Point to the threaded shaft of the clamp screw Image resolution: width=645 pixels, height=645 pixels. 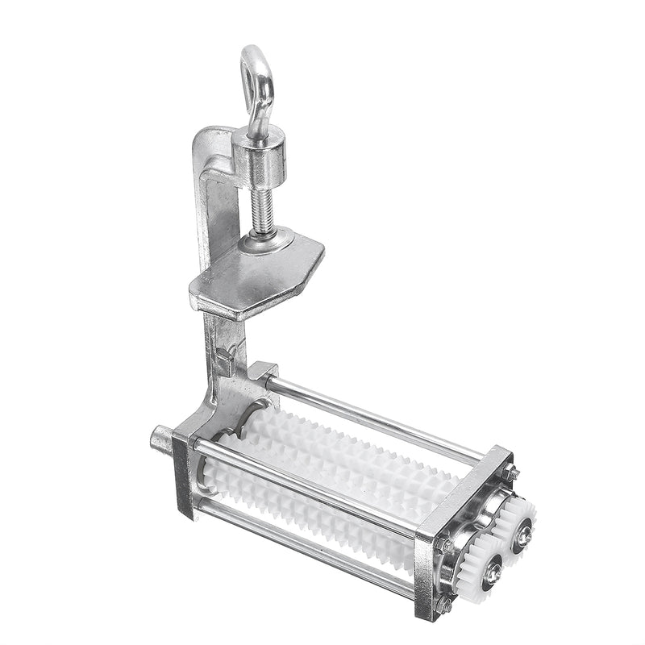264,206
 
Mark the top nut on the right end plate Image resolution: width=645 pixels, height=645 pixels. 510,476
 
